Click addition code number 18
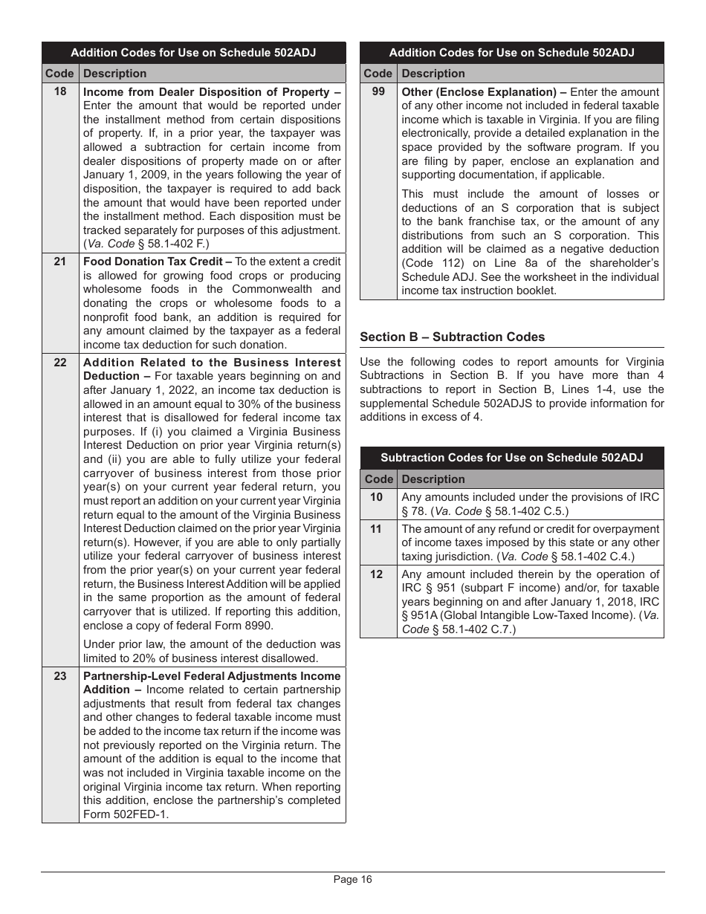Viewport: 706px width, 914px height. (60, 91)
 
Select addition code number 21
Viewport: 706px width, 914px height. (60, 262)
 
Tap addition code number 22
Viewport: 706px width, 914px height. (60, 363)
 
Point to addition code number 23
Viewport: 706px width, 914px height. (60, 676)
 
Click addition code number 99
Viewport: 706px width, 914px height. (378, 92)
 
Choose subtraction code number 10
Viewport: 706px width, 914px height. (377, 497)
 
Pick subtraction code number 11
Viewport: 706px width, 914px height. (377, 529)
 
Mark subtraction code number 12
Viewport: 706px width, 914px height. (377, 574)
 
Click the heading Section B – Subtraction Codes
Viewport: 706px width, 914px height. (452, 337)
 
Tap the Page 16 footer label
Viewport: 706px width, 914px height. (352, 880)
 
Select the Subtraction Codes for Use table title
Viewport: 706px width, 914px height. (511, 458)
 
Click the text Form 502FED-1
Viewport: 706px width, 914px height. (126, 814)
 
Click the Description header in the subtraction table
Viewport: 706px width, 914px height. (433, 479)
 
